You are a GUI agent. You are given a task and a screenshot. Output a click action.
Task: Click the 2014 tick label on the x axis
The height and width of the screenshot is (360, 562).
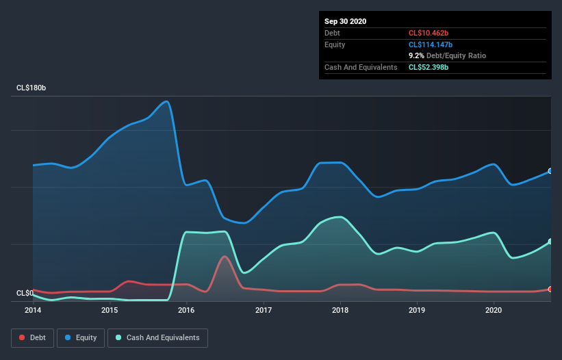33,310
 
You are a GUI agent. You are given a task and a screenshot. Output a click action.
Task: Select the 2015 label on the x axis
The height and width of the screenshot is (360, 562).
110,310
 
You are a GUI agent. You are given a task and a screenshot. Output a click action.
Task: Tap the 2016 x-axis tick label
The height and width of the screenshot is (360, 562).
187,310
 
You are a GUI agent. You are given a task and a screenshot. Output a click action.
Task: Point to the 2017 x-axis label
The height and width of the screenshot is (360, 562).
264,310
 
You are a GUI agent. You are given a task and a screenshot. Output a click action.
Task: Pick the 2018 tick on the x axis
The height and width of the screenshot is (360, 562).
341,310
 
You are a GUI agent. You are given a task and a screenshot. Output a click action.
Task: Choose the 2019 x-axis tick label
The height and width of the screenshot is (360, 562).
418,310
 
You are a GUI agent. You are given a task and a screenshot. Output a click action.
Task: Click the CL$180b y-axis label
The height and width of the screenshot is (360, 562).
31,88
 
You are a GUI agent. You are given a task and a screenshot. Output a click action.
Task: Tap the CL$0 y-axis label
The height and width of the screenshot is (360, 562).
25,293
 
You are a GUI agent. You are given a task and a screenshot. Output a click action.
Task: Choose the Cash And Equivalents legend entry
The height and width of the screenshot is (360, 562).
157,337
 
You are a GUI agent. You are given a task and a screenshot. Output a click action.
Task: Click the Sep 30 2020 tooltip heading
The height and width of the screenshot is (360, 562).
345,21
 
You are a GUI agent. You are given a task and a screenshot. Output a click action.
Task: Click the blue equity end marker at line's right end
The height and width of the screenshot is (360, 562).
550,171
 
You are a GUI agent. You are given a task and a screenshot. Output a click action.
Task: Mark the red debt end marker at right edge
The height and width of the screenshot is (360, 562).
550,290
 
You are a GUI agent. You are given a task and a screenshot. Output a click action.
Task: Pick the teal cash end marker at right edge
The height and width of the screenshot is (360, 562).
550,242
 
